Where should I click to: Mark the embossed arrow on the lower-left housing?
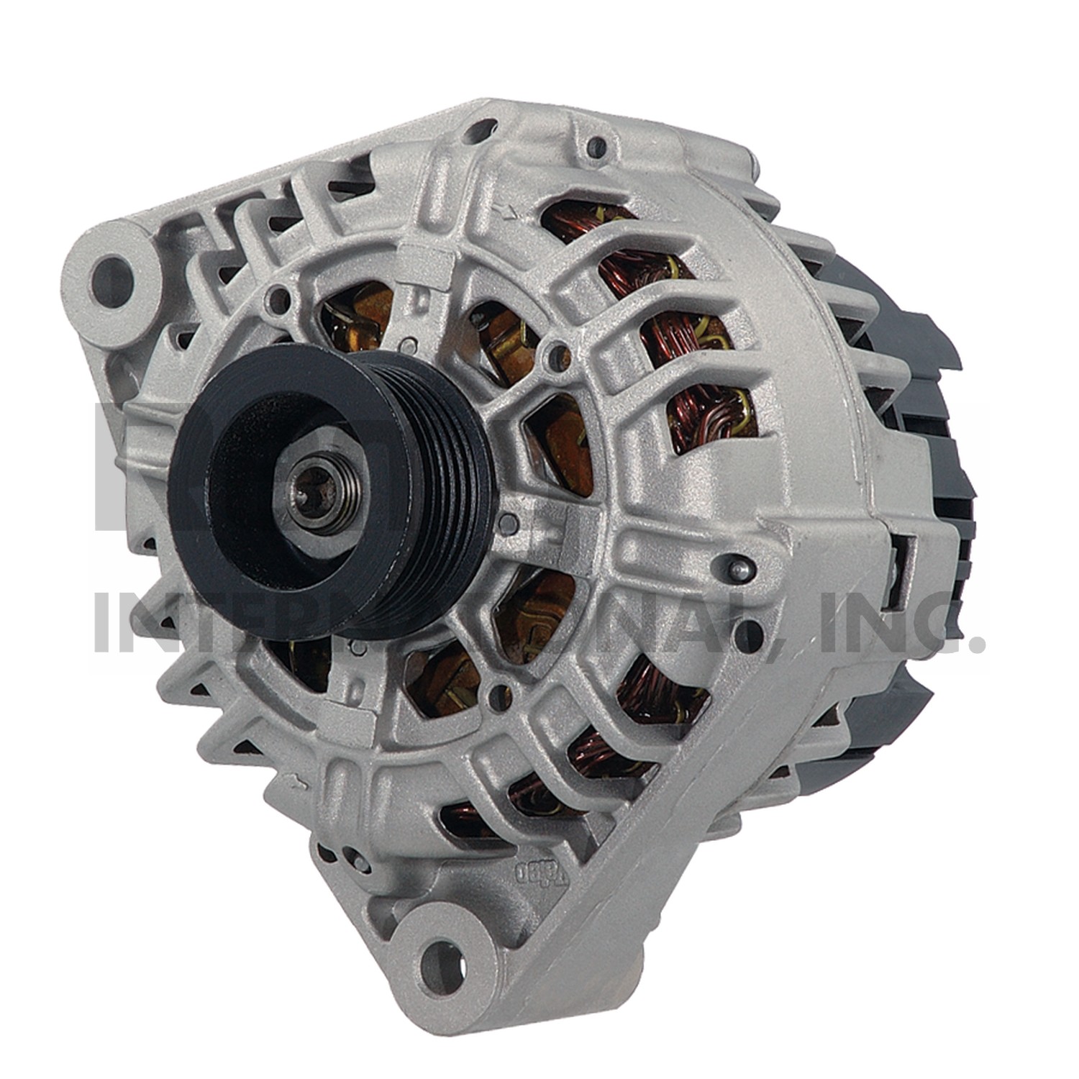294,780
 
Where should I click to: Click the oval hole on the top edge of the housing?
481,132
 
